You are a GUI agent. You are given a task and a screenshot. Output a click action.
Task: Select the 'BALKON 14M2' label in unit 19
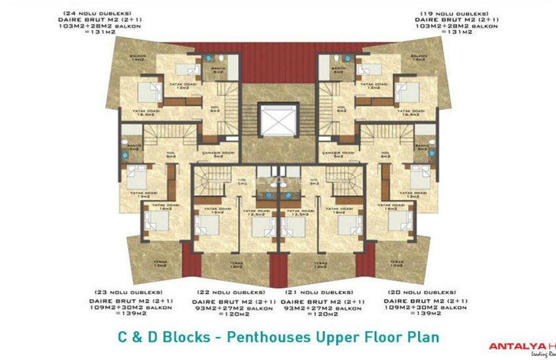[419, 58]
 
